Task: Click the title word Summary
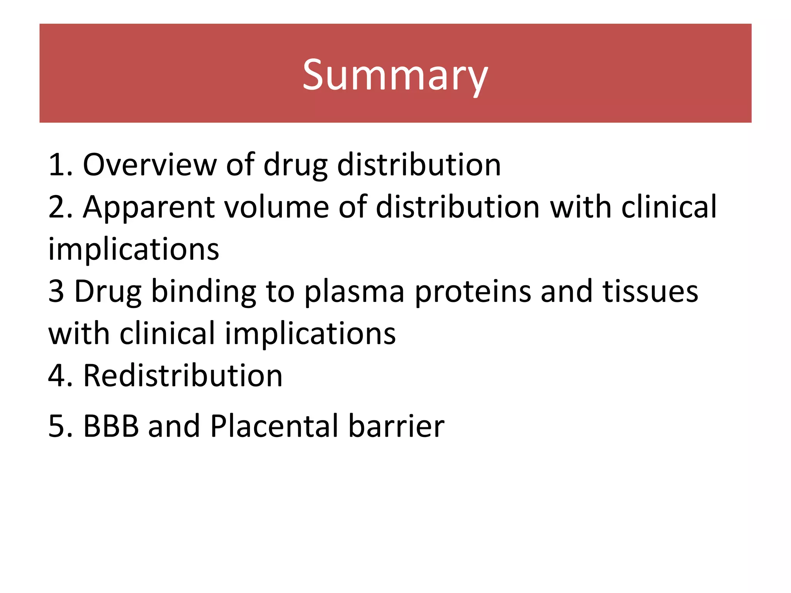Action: tap(395, 75)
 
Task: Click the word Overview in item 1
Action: tap(149, 165)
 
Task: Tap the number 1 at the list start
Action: tap(57, 165)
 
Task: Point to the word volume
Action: tap(276, 207)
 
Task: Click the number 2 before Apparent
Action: tap(57, 207)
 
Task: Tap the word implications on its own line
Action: tap(134, 250)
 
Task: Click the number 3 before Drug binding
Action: tap(56, 291)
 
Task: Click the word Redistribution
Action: tap(183, 376)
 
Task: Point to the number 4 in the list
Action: tap(57, 376)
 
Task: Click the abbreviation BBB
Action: tap(111, 426)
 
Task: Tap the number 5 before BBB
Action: tap(57, 426)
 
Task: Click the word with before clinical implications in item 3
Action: tap(79, 334)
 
